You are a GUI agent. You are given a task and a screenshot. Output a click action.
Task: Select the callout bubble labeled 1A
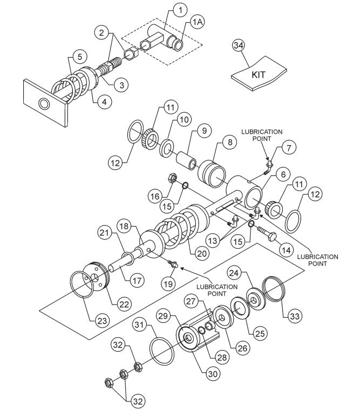pyautogui.click(x=197, y=23)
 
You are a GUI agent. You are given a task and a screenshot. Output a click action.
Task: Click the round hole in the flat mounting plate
pyautogui.click(x=43, y=103)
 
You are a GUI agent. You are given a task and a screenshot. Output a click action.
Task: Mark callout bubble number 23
pyautogui.click(x=102, y=320)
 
